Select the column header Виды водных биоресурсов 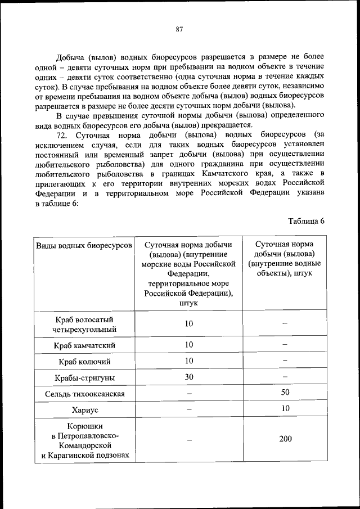[x=84, y=246]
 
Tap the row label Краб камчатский [x=85, y=345]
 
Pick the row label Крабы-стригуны [x=85, y=377]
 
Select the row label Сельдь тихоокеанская [x=85, y=394]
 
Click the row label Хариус [x=85, y=410]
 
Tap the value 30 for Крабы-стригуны [x=189, y=377]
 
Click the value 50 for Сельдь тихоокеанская [x=285, y=391]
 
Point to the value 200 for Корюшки [x=285, y=439]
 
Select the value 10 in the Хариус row [x=285, y=408]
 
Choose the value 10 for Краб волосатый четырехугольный [x=189, y=323]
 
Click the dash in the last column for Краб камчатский [x=285, y=345]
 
